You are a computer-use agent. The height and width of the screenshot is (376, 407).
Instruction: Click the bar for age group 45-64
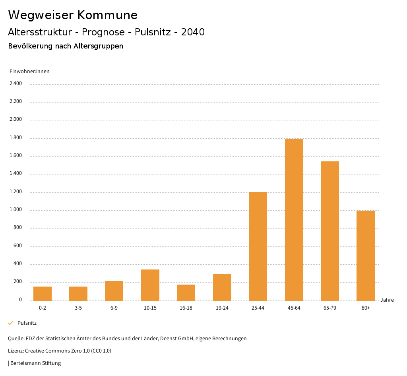(294, 219)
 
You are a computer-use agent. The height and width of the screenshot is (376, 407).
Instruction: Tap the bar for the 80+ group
(366, 255)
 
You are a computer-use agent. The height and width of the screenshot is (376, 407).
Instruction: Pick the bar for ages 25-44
(258, 246)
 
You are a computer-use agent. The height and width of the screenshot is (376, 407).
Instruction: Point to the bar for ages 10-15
(150, 285)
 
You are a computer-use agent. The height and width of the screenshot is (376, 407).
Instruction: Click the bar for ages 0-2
(43, 293)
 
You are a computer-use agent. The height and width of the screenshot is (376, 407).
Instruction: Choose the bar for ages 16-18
(186, 292)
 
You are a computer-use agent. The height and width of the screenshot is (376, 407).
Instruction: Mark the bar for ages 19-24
(222, 287)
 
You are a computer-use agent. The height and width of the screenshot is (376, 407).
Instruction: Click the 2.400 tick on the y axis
(16, 83)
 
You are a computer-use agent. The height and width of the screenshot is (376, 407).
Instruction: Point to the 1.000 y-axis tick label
(16, 210)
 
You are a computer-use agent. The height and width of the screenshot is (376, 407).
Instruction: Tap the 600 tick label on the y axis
(17, 246)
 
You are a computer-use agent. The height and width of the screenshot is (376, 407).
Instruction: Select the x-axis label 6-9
(114, 308)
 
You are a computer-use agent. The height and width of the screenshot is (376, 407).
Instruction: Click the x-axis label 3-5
(78, 308)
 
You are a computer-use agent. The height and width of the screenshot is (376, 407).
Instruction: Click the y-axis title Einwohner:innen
(29, 72)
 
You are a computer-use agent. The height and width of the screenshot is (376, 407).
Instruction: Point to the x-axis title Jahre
(387, 300)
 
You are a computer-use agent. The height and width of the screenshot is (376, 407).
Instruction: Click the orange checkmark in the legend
(11, 323)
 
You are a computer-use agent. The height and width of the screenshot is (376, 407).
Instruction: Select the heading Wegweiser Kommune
(73, 15)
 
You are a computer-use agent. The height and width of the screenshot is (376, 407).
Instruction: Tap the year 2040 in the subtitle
(193, 32)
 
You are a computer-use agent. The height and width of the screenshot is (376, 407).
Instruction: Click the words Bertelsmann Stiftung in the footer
(35, 363)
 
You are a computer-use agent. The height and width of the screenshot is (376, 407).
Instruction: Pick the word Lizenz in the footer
(16, 351)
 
